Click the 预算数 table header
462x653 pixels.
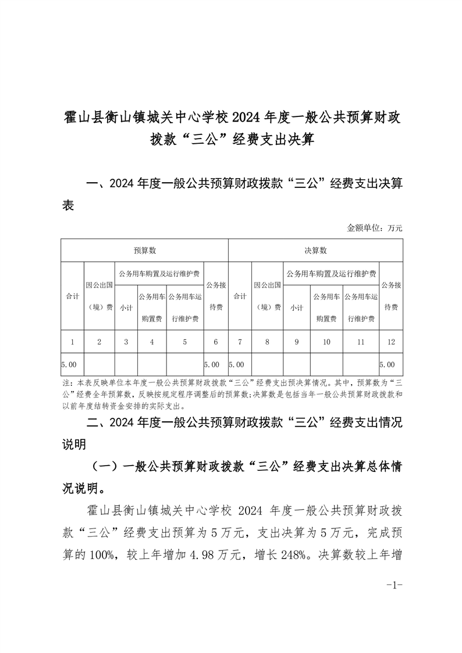pos(144,250)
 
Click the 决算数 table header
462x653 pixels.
pos(315,250)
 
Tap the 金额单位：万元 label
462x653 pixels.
pos(375,228)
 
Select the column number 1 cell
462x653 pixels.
pos(72,342)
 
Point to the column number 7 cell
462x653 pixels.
pos(240,342)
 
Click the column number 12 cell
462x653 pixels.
pos(390,342)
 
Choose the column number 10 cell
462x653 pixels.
pos(326,342)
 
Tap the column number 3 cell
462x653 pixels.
pos(126,342)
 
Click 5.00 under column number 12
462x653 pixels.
pos(387,365)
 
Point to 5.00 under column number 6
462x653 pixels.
pos(212,365)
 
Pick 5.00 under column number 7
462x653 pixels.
pos(236,365)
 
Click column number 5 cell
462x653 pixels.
pos(184,342)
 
